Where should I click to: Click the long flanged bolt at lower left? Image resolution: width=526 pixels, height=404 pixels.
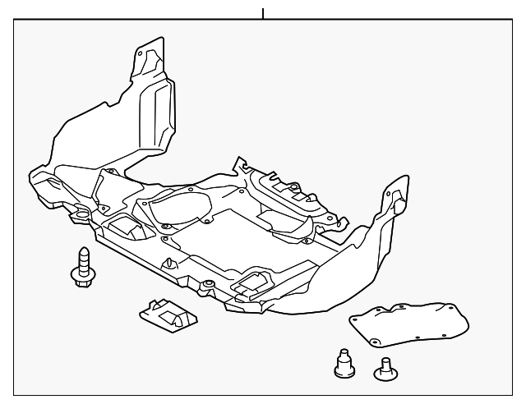pos(82,267)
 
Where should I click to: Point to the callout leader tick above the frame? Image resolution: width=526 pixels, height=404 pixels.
pos(263,13)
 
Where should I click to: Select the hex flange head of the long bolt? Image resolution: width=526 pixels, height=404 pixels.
pos(82,278)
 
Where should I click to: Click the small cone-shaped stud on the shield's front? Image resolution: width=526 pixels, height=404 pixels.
pos(169,263)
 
